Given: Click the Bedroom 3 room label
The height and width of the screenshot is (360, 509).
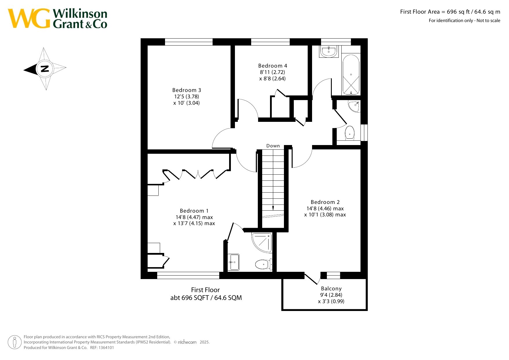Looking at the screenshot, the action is [186, 90].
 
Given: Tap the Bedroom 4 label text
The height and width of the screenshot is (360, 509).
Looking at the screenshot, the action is [273, 66].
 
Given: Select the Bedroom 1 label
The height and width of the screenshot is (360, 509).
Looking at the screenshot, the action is [194, 211].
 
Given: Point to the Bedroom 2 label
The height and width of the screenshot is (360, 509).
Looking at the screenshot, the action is [325, 202].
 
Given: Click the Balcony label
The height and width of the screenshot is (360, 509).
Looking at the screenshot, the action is [331, 289].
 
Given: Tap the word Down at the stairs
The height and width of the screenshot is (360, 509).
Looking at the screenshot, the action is [273, 146].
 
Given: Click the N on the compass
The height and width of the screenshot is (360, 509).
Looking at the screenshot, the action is [45, 69].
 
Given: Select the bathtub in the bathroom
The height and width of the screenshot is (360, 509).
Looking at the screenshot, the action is [351, 75].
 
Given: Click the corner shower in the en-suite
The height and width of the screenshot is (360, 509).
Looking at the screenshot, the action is [262, 242].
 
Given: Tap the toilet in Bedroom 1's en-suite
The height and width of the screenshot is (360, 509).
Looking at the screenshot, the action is [263, 264].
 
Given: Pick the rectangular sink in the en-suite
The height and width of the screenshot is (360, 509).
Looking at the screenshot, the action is [233, 262].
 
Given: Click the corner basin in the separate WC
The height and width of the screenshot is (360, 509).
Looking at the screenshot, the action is [355, 106].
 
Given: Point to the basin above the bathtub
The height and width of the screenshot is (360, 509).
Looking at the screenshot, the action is [329, 51].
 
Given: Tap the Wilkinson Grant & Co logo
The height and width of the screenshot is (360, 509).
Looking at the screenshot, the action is [57, 19].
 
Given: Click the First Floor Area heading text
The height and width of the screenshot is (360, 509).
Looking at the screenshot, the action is [450, 12].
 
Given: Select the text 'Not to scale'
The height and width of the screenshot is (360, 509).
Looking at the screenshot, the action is [488, 21].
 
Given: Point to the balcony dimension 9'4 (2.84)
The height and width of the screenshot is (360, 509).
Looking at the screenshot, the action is [331, 295].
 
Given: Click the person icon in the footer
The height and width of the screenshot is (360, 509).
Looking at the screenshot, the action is [15, 342].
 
